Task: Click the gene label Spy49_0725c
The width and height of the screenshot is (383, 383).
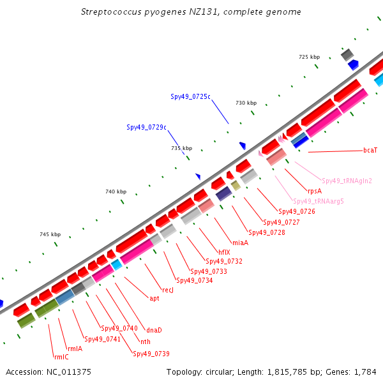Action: [190, 97]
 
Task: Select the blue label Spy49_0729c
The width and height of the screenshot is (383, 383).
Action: [147, 127]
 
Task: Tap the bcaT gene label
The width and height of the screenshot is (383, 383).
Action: [370, 150]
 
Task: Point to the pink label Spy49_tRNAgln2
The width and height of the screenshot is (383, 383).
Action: [347, 181]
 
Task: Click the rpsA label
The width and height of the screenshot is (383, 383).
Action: [315, 191]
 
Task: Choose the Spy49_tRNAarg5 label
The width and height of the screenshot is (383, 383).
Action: [319, 201]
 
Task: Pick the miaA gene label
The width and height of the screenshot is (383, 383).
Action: [241, 243]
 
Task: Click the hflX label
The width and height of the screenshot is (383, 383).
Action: [224, 252]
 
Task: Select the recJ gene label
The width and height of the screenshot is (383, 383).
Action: [168, 290]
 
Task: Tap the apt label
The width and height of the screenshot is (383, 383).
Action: [154, 299]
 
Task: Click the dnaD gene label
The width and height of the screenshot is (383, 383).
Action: [154, 330]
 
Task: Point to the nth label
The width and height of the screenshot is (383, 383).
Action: [146, 342]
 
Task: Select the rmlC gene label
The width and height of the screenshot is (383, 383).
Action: [61, 357]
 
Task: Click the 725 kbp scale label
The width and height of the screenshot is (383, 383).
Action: [309, 57]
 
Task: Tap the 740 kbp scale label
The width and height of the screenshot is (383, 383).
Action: [116, 191]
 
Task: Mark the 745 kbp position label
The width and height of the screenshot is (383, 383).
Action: [50, 234]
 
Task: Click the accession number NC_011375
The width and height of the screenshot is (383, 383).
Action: [69, 372]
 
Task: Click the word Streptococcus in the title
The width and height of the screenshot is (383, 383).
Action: [111, 12]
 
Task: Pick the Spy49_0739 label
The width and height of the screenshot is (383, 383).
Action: [151, 354]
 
